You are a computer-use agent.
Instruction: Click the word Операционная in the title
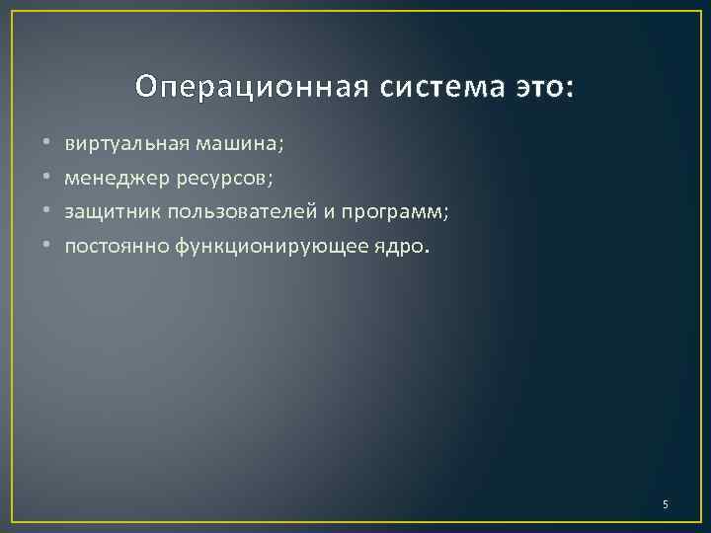point(252,88)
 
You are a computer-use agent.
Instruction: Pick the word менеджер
point(109,178)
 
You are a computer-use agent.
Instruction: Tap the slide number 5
point(665,505)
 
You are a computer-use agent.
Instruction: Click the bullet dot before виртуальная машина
point(46,144)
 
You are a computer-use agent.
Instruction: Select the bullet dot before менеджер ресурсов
point(46,179)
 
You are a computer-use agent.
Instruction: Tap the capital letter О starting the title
point(145,88)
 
